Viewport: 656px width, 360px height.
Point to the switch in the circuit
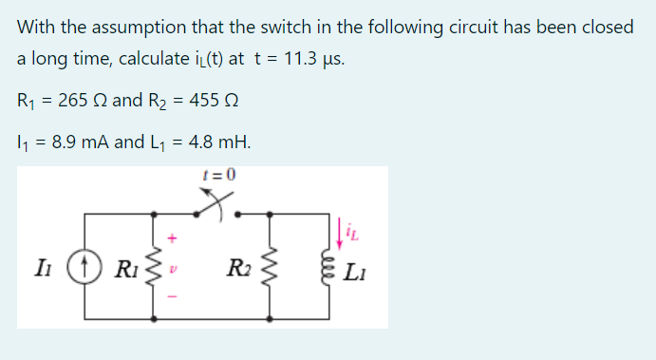pyautogui.click(x=219, y=201)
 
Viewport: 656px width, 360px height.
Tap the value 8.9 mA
pyautogui.click(x=81, y=144)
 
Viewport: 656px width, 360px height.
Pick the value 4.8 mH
pyautogui.click(x=219, y=144)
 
